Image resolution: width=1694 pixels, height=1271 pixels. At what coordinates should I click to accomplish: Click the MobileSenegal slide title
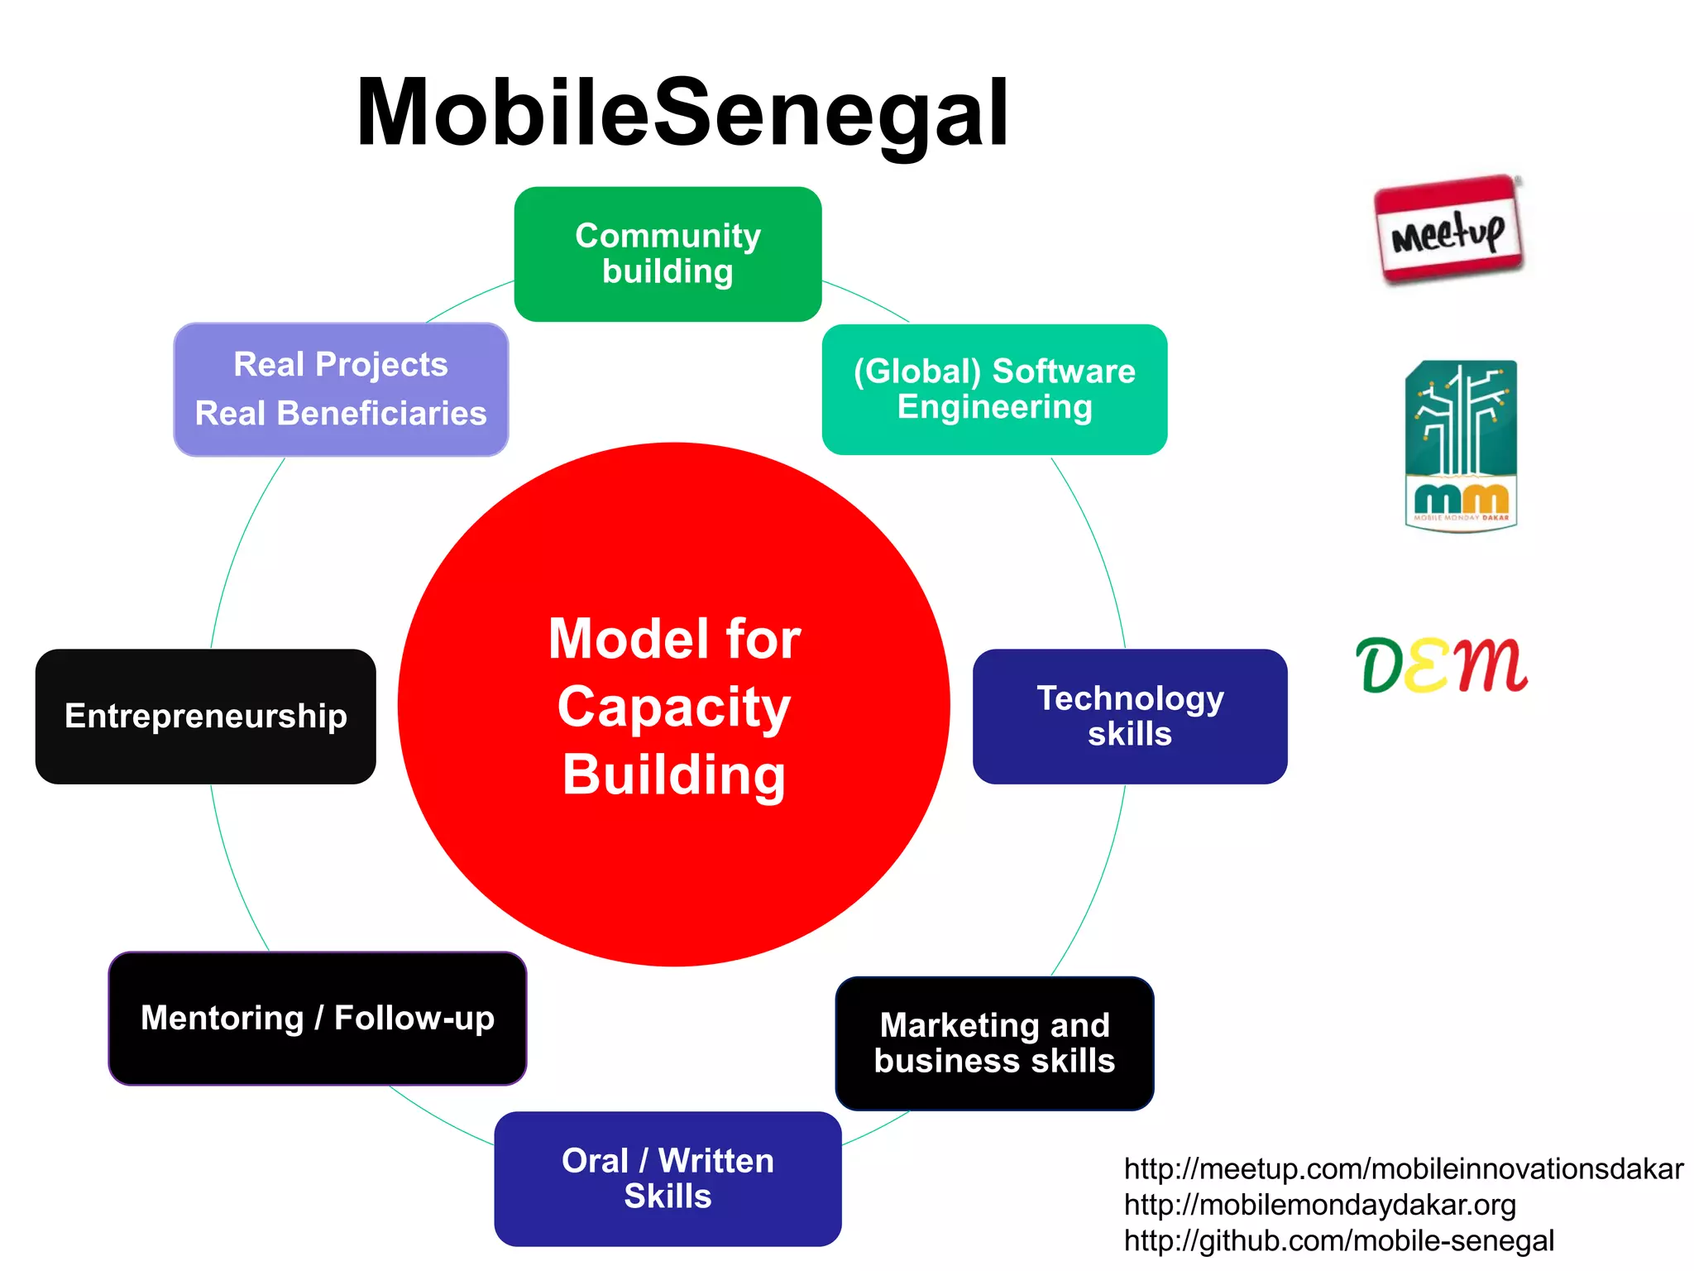point(682,113)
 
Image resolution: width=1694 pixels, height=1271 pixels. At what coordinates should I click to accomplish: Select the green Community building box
point(668,254)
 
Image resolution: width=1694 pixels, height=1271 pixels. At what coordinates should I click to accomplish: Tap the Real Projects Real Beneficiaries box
point(341,389)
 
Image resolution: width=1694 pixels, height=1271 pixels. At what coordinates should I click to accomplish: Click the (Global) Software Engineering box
point(994,389)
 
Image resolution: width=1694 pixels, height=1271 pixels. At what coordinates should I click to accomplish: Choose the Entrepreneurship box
point(205,717)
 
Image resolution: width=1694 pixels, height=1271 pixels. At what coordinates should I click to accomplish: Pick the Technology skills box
point(1130,717)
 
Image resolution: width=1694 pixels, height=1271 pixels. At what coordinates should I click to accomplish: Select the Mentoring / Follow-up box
point(318,1018)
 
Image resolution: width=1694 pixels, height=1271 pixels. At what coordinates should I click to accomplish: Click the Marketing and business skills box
point(994,1043)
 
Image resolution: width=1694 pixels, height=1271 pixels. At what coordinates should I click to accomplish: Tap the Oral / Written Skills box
point(668,1178)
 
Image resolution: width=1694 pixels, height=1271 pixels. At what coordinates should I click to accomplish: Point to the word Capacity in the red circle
point(674,707)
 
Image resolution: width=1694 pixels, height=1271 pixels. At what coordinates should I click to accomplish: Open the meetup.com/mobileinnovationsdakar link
point(1403,1169)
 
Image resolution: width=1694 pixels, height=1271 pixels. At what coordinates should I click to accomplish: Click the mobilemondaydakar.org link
point(1319,1205)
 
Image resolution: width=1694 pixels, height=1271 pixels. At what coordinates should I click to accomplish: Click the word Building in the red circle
point(674,775)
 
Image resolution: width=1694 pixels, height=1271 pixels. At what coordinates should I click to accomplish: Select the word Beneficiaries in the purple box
point(381,413)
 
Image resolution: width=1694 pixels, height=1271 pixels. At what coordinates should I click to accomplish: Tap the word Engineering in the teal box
point(994,407)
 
